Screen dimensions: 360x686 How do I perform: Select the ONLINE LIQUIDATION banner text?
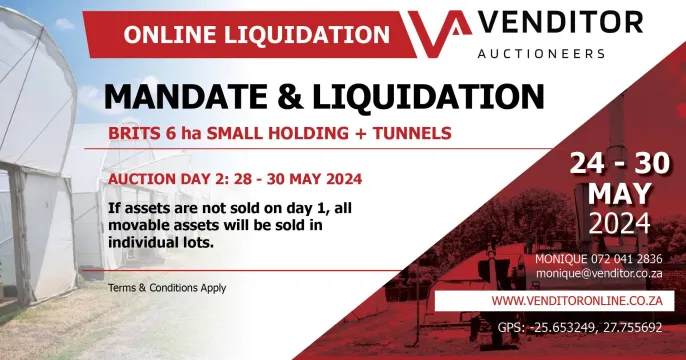[x=256, y=34]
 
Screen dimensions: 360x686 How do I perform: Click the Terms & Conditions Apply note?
[x=166, y=288]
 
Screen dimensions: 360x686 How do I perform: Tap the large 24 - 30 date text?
[x=620, y=163]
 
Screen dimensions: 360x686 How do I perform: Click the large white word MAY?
[x=620, y=193]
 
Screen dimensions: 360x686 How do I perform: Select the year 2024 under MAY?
[x=620, y=221]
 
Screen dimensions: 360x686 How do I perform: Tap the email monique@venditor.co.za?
[x=599, y=272]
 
